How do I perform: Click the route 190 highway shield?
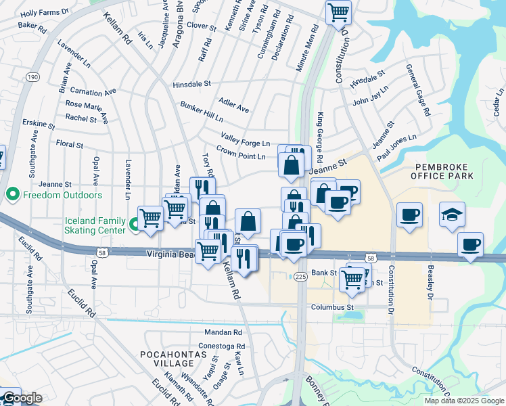coord(32,78)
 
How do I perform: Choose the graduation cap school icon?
coord(452,215)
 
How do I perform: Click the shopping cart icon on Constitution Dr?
coord(338,12)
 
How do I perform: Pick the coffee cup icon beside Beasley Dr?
coord(470,244)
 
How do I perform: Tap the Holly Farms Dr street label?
coord(45,13)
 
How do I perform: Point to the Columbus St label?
coord(333,307)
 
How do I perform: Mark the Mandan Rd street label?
coord(223,333)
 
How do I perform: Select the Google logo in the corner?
coord(22,398)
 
